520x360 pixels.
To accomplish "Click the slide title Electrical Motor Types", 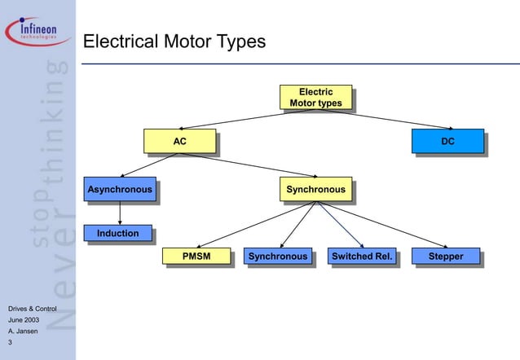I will pos(174,42).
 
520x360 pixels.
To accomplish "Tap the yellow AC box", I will pos(179,142).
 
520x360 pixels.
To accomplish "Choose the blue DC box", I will pos(447,142).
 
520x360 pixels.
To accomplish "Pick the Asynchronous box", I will pos(120,190).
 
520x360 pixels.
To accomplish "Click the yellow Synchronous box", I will pos(315,190).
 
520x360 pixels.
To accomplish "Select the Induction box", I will pos(118,234).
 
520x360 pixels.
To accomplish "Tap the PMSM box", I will pos(196,257).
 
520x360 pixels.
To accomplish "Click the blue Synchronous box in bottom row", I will pos(278,257).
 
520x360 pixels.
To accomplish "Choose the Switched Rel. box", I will pos(361,257).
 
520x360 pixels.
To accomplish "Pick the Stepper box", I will pos(445,257).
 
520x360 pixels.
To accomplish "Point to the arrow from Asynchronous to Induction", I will pos(121,213).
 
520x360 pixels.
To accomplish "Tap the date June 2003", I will pos(23,321).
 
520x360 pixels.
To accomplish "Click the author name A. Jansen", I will pos(22,332).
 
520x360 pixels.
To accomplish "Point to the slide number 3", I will pos(10,343).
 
